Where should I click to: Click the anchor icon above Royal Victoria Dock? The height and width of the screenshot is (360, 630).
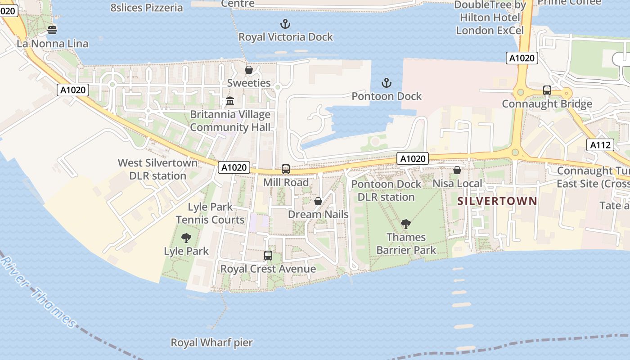pyautogui.click(x=285, y=24)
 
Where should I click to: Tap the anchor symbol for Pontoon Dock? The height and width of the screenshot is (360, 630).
pyautogui.click(x=386, y=83)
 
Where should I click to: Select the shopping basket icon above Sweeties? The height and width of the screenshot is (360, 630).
pyautogui.click(x=248, y=70)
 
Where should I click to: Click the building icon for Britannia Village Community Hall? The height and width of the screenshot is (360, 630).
pyautogui.click(x=230, y=101)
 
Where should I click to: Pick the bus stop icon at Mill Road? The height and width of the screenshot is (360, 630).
pyautogui.click(x=286, y=169)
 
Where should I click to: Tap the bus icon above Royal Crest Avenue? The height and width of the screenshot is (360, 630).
pyautogui.click(x=268, y=255)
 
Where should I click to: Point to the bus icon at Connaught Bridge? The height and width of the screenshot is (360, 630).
pyautogui.click(x=547, y=90)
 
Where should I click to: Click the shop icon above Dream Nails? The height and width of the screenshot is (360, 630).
pyautogui.click(x=318, y=201)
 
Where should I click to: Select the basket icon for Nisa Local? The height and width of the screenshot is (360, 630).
pyautogui.click(x=457, y=170)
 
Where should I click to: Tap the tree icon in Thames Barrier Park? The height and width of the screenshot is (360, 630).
pyautogui.click(x=406, y=224)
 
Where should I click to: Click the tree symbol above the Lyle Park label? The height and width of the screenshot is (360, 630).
pyautogui.click(x=186, y=238)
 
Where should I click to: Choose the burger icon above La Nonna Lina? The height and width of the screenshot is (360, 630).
pyautogui.click(x=52, y=31)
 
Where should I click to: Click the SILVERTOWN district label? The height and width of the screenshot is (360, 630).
pyautogui.click(x=497, y=201)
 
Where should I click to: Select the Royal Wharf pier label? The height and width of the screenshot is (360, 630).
pyautogui.click(x=211, y=342)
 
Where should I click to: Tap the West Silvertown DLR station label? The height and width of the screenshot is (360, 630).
pyautogui.click(x=157, y=169)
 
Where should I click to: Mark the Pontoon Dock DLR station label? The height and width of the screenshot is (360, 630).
pyautogui.click(x=386, y=190)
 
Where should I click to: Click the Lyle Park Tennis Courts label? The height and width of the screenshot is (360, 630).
pyautogui.click(x=210, y=213)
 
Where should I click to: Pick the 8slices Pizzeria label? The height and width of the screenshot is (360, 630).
pyautogui.click(x=147, y=8)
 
